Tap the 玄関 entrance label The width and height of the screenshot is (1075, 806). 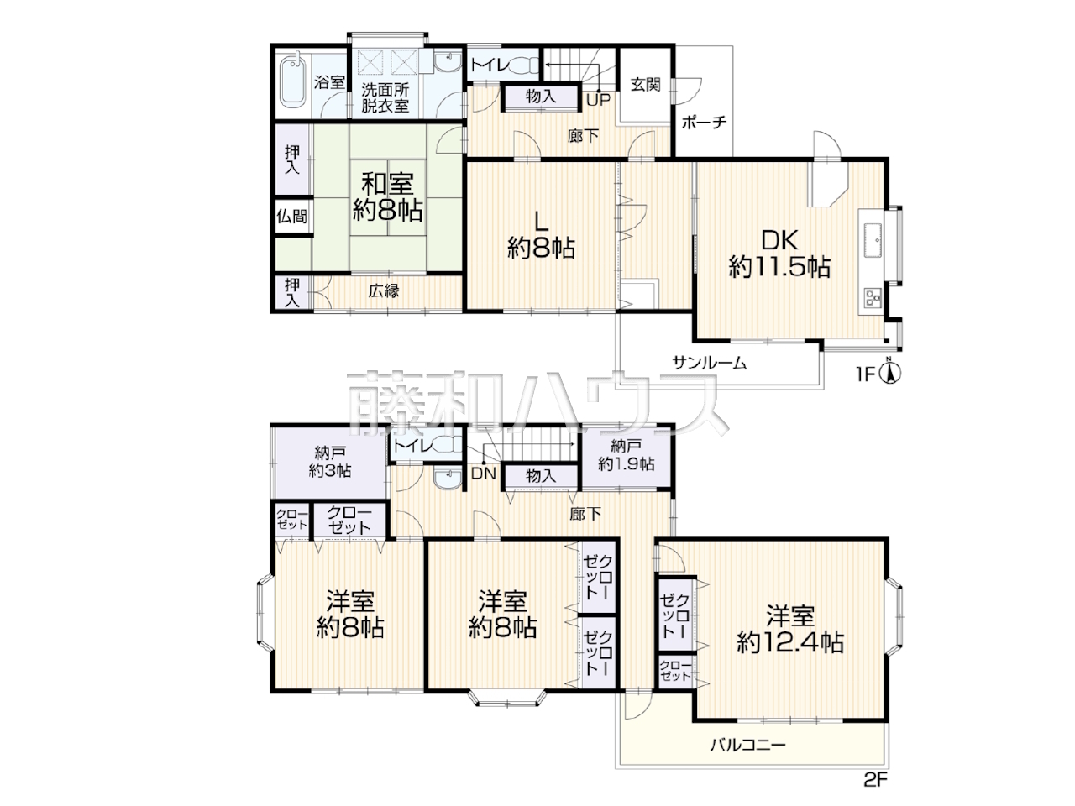click(645, 85)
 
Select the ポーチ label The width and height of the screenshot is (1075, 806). click(704, 122)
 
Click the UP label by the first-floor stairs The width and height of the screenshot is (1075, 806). click(599, 100)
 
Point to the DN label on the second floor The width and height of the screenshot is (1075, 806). click(484, 474)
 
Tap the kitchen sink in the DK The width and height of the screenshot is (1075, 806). click(872, 240)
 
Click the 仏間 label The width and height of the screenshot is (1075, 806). click(292, 216)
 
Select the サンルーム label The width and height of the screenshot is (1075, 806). click(709, 363)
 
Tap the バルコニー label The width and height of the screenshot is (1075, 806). click(747, 746)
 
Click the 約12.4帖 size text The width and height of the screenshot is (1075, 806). click(790, 643)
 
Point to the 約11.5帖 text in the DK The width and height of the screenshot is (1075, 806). click(779, 268)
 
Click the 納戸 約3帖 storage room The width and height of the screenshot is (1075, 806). click(330, 463)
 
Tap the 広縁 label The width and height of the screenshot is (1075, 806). click(384, 291)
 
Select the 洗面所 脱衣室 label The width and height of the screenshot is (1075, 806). click(385, 98)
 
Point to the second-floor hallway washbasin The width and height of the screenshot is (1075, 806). click(447, 478)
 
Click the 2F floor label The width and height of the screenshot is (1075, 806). click(875, 793)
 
